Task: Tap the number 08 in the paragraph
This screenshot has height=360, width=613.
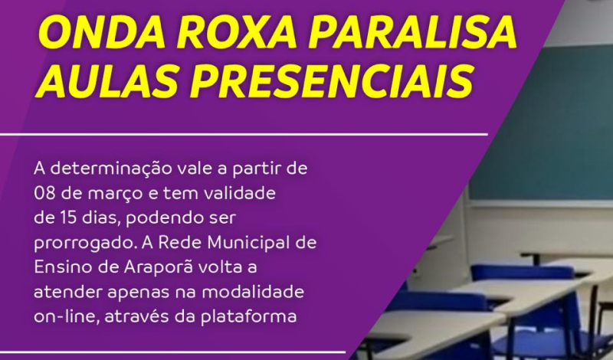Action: click(x=44, y=191)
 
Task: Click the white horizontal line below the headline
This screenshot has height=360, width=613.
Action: click(x=245, y=133)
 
